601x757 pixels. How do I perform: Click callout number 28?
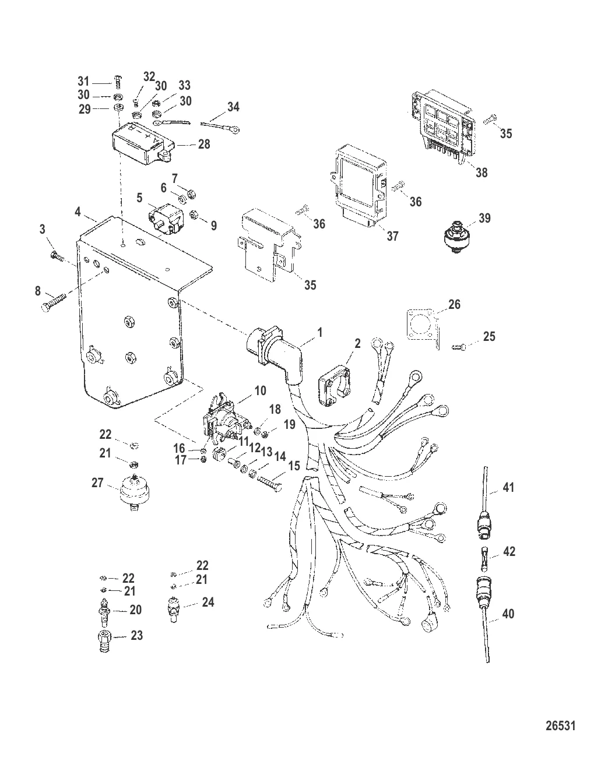click(x=204, y=144)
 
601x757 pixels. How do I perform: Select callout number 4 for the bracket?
click(x=78, y=213)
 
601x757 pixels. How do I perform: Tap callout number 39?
click(x=484, y=219)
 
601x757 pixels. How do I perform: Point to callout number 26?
click(x=454, y=304)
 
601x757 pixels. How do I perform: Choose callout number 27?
click(x=97, y=483)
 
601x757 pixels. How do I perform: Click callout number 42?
click(x=509, y=551)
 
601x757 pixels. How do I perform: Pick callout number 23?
click(x=137, y=636)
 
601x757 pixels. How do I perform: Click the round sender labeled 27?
click(x=133, y=494)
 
